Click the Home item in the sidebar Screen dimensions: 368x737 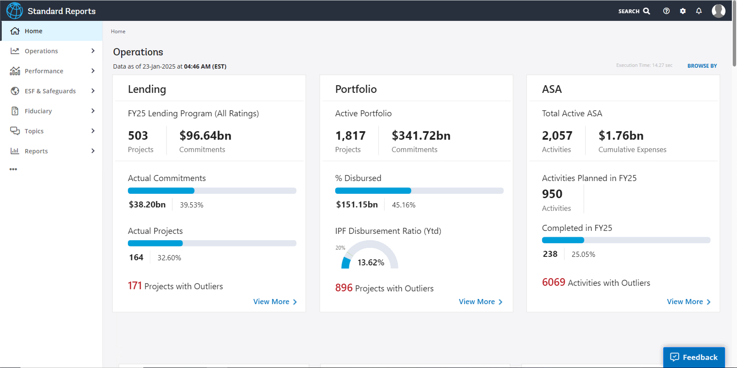point(33,31)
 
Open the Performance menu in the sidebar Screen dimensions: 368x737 point(44,71)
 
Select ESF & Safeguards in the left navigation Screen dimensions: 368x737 point(50,91)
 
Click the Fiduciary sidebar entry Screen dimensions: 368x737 point(38,111)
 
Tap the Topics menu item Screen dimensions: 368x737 point(34,131)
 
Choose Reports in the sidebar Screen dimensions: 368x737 point(36,151)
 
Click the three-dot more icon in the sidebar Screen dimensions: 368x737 point(13,169)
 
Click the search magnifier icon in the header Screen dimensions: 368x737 point(646,11)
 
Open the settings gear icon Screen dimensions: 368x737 point(683,11)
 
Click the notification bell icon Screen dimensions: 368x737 point(699,11)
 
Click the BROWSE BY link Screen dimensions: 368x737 point(702,66)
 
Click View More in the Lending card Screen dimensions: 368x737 point(275,302)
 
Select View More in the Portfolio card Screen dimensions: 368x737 point(480,302)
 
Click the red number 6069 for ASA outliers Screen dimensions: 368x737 point(553,282)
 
